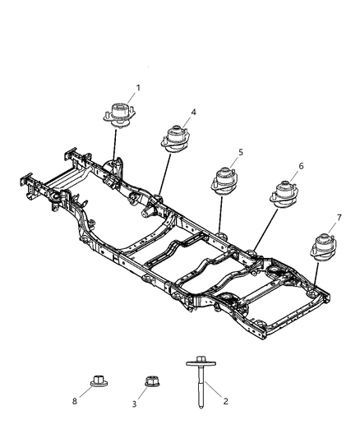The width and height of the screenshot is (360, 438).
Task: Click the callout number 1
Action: tap(138, 88)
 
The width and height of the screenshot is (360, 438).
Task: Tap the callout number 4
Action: tap(192, 113)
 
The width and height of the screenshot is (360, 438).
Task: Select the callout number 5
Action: tap(240, 152)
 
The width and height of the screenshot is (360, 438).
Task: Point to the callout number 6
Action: tap(301, 166)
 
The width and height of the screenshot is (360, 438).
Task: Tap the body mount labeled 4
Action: tap(174, 137)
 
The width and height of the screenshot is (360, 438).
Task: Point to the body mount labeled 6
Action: tap(283, 193)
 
